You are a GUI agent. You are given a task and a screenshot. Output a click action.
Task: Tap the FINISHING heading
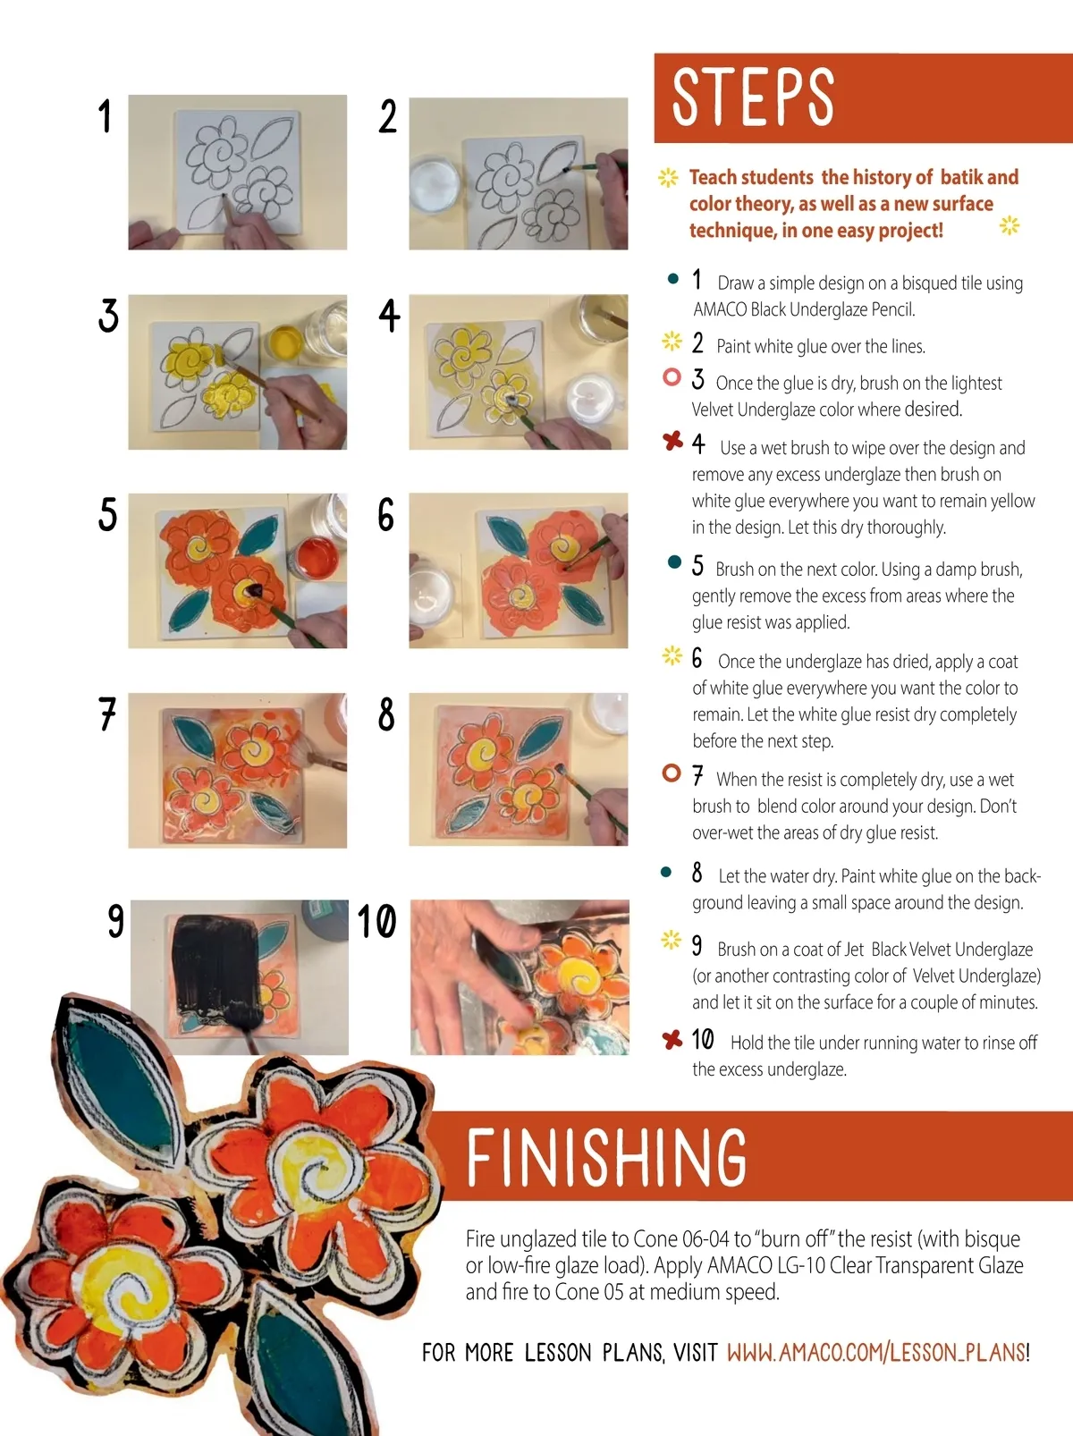pos(606,1157)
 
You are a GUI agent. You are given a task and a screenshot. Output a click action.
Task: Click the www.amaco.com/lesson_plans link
pos(876,1352)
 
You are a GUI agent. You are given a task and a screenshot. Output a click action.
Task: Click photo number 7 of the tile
pos(238,770)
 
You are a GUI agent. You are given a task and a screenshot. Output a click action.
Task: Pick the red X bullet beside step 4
pos(672,441)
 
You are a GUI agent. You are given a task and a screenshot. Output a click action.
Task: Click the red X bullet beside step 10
pos(672,1039)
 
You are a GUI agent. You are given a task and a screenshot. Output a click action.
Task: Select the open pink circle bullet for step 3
pos(672,376)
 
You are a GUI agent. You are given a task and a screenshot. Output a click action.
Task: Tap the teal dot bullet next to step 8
pos(666,872)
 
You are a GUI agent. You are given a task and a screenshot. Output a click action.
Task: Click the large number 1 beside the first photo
pos(105,116)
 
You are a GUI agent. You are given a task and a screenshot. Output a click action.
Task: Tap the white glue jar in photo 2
pos(435,183)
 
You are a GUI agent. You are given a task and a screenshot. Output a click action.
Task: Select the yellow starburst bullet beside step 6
pos(672,655)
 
